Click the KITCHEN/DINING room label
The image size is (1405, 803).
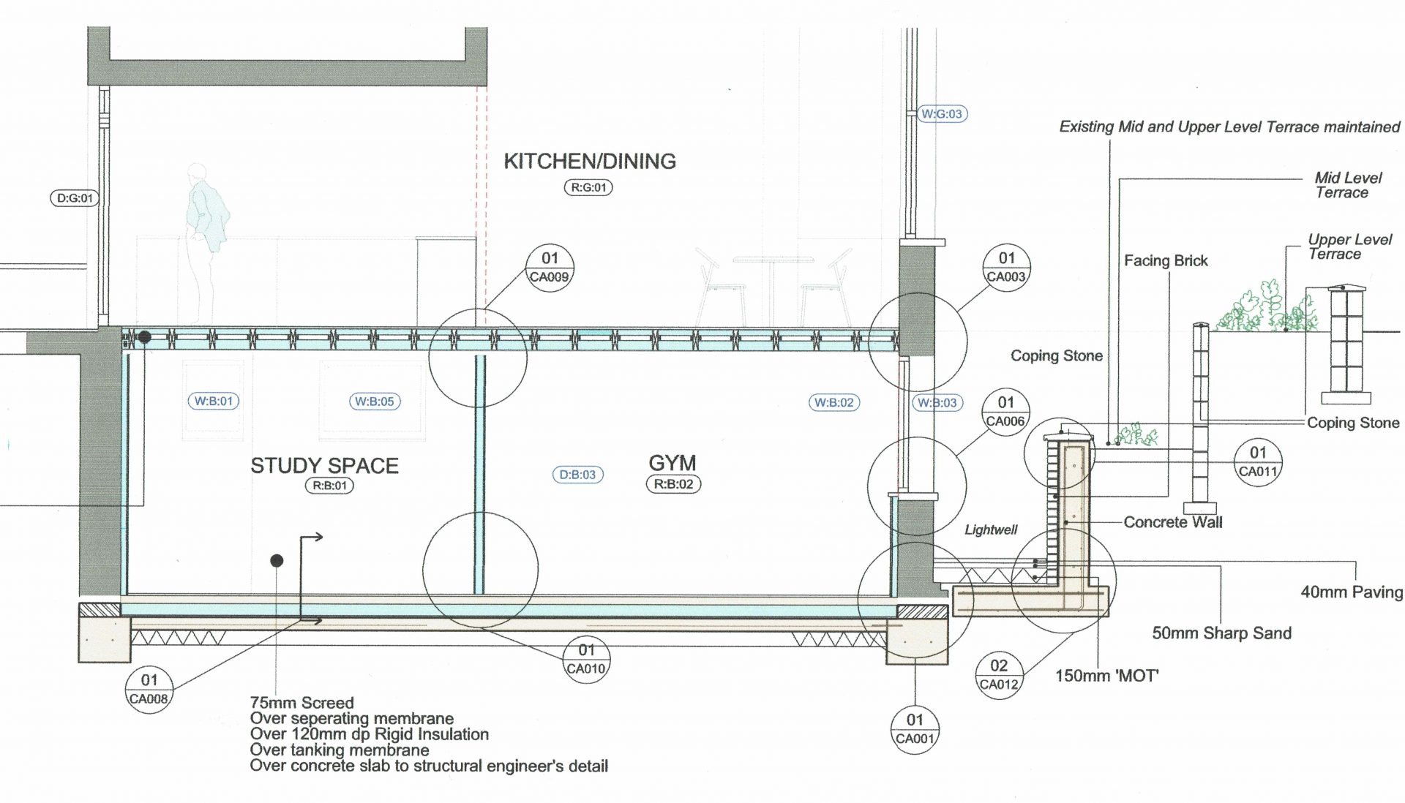point(590,161)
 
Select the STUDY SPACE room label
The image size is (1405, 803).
point(324,466)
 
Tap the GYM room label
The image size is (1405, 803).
point(672,463)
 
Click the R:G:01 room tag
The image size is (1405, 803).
point(588,187)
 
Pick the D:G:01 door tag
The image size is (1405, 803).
point(76,198)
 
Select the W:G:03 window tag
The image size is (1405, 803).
point(941,114)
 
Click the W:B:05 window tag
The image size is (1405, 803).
point(374,401)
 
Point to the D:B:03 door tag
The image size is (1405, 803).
point(577,475)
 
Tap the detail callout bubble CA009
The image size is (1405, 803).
point(550,268)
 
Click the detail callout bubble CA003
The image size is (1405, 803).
point(1006,268)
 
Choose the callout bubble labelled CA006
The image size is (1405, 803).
point(1005,412)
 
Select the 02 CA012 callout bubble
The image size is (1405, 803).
point(999,675)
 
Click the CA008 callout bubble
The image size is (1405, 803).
point(149,689)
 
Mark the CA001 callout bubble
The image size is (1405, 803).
point(915,728)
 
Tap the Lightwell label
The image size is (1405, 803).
point(991,529)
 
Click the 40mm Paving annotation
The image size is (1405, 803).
point(1351,592)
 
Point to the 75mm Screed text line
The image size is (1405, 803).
point(301,703)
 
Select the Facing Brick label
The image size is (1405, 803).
point(1166,261)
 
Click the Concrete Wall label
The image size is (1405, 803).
point(1172,522)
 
